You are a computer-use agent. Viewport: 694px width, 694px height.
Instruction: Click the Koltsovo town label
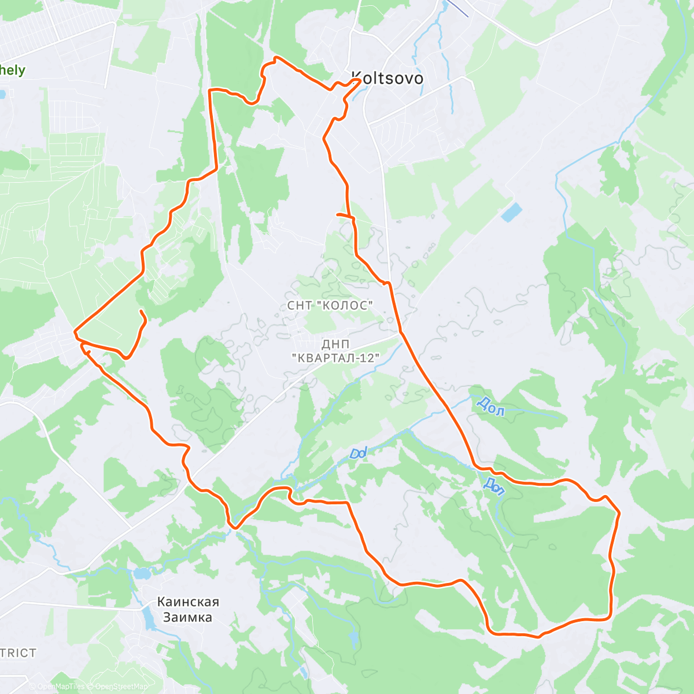(x=387, y=79)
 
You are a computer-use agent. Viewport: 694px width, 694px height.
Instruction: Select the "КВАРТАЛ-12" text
(x=335, y=359)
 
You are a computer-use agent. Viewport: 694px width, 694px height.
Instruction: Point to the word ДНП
(x=335, y=345)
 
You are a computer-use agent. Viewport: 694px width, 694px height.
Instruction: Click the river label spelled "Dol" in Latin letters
(x=359, y=453)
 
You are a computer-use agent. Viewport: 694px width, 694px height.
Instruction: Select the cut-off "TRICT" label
(x=18, y=653)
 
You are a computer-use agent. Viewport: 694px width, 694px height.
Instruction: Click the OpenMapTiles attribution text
(x=61, y=686)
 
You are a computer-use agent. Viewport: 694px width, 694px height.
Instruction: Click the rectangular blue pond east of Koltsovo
(x=511, y=213)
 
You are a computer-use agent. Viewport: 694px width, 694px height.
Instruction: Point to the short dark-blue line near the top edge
(x=459, y=8)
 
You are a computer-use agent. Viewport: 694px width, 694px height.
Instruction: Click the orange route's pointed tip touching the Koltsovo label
(x=360, y=81)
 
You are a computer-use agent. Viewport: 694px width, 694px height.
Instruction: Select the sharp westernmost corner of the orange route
(x=75, y=332)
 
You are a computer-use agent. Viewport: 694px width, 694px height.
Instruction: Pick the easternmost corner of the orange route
(x=619, y=512)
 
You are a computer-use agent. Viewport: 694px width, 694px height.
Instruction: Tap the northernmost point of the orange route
(x=276, y=57)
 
